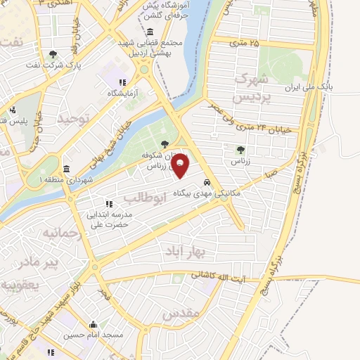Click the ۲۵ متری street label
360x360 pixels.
click(x=243, y=44)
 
